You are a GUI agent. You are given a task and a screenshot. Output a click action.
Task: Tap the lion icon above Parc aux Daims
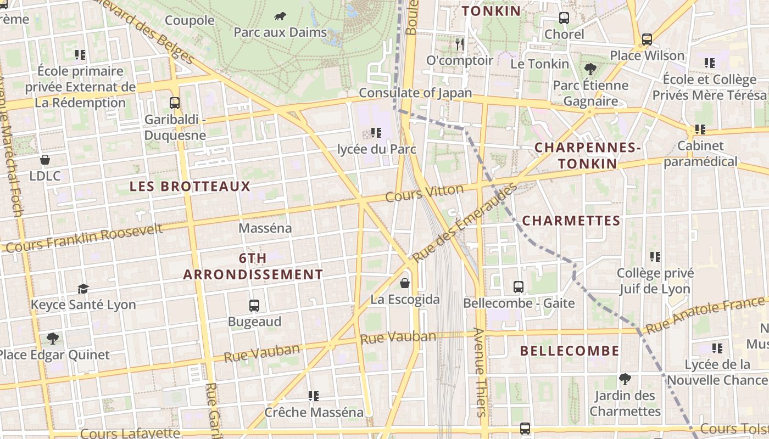tap(280, 16)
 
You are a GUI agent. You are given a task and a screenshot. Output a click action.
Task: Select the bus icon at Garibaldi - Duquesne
tap(175, 103)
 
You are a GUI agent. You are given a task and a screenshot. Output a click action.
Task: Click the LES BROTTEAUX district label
tap(190, 187)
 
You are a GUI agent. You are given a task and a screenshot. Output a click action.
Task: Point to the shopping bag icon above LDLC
tap(45, 160)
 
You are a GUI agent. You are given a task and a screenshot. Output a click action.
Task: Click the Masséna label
tap(265, 228)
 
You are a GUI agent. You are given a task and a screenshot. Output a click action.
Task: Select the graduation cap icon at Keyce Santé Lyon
tap(83, 289)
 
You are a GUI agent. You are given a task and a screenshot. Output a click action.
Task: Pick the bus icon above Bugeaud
tap(254, 306)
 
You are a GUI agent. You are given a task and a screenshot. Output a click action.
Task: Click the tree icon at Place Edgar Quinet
tap(53, 339)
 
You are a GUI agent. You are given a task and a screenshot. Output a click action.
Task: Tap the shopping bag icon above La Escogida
tap(405, 283)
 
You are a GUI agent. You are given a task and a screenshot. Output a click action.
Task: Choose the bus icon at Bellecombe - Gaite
tap(519, 286)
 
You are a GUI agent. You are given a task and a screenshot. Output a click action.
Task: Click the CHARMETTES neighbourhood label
tap(571, 221)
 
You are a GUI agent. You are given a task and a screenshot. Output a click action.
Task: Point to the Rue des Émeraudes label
tap(465, 222)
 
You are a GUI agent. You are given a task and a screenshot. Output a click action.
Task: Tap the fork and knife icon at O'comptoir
tap(460, 44)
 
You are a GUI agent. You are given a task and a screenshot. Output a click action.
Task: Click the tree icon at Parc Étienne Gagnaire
tap(590, 69)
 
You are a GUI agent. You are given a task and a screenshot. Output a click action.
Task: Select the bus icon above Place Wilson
tap(647, 40)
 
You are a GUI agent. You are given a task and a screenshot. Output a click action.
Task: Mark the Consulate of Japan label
tap(415, 93)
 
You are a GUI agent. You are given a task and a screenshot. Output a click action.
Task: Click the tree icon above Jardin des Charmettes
tap(625, 379)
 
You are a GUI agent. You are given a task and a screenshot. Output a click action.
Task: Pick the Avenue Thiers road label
tap(480, 373)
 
